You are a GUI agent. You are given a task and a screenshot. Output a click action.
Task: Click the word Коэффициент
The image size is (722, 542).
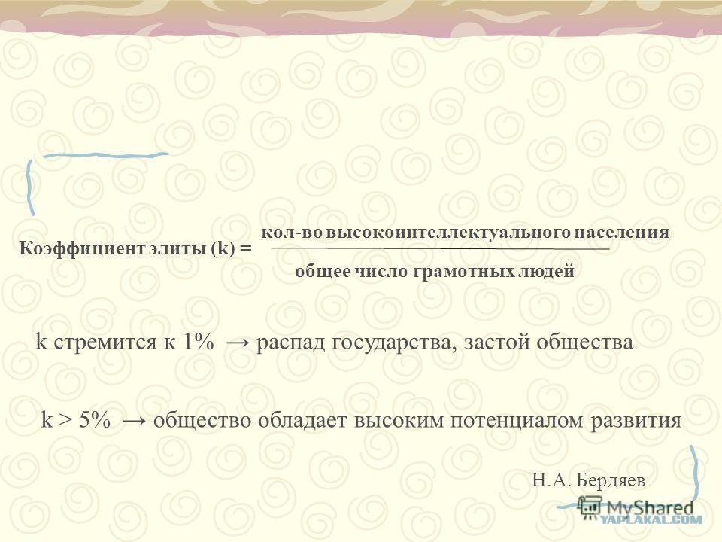(82, 249)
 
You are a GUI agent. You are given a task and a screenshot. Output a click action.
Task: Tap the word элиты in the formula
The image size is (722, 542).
(178, 249)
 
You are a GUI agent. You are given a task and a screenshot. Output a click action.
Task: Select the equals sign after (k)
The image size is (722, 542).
(246, 249)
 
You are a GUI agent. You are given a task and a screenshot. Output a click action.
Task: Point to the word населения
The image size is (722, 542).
(621, 231)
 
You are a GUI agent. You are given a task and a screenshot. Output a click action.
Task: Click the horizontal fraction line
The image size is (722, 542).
(440, 249)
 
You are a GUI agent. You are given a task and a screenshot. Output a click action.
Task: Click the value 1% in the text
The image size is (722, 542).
(199, 343)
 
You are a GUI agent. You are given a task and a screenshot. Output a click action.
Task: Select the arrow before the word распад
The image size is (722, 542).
(239, 343)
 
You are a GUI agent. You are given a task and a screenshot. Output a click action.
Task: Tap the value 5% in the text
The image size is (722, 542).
(95, 420)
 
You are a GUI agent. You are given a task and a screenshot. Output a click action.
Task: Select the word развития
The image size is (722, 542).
(636, 421)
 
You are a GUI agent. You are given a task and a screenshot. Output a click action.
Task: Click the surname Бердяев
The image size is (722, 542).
(611, 481)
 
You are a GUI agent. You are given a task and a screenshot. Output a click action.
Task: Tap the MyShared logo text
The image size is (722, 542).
(650, 508)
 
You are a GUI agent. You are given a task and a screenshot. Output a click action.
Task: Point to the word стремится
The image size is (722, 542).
(105, 343)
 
